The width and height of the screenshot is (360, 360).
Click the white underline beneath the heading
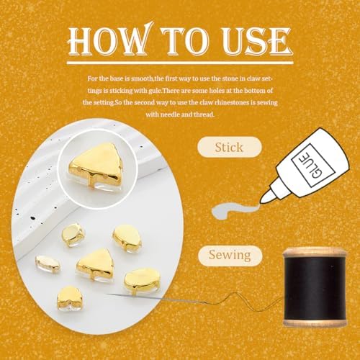click(x=180, y=63)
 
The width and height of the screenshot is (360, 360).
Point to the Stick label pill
click(x=230, y=147)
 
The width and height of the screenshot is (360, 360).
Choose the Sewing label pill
click(x=230, y=255)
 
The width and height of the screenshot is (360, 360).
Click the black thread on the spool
click(x=315, y=288)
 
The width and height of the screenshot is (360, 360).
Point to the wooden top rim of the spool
click(x=315, y=253)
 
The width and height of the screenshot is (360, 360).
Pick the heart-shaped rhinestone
click(x=70, y=297)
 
